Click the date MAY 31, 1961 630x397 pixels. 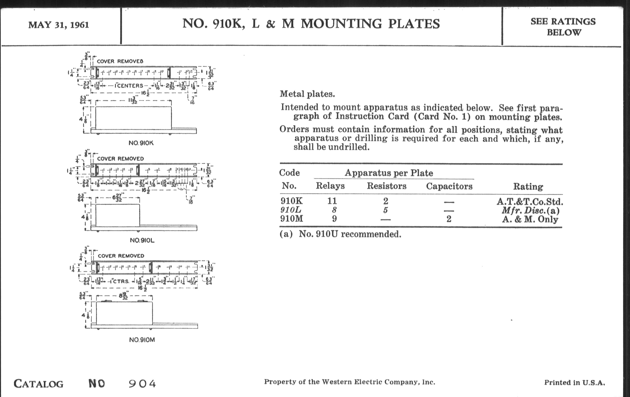click(59, 25)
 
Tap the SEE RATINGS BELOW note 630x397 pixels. click(563, 27)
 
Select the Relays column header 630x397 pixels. click(330, 186)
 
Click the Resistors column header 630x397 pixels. click(386, 186)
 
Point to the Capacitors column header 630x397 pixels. click(449, 186)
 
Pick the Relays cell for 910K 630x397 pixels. click(332, 201)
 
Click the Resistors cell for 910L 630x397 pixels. click(385, 210)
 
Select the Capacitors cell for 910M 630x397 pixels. click(449, 219)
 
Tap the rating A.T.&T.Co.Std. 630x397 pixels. click(530, 202)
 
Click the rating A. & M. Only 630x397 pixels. click(530, 219)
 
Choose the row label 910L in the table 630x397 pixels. click(291, 210)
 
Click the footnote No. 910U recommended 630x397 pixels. click(349, 234)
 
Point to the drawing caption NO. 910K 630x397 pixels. click(141, 143)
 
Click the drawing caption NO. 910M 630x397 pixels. click(142, 340)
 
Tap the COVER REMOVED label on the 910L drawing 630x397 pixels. click(120, 159)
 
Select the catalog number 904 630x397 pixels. click(142, 384)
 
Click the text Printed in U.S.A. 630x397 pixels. click(575, 382)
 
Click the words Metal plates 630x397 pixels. click(307, 94)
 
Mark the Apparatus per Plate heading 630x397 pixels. click(389, 173)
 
